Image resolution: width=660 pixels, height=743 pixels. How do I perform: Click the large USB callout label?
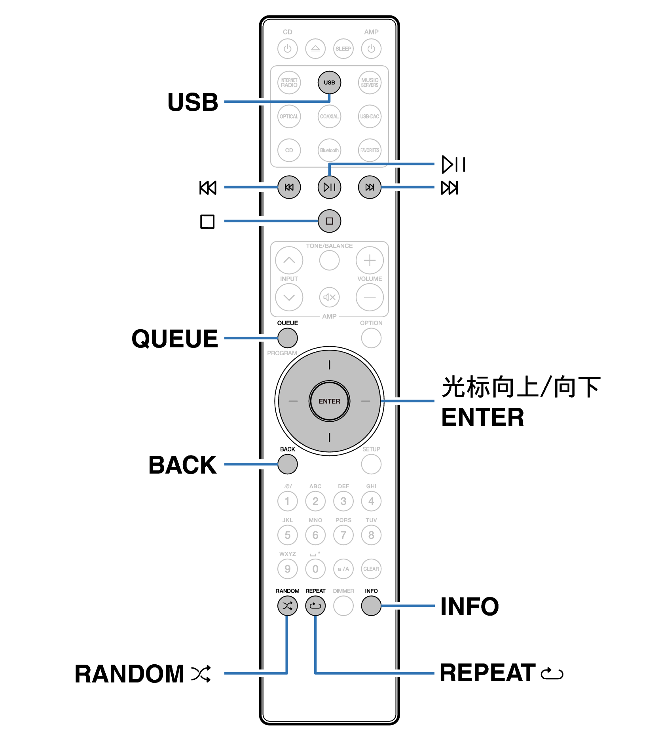pos(193,102)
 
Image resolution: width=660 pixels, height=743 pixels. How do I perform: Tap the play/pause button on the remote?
pos(329,187)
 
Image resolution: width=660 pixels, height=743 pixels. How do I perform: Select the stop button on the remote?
pos(329,221)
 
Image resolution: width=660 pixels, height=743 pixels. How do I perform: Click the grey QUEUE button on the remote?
pos(287,338)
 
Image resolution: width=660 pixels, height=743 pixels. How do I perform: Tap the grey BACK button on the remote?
pos(287,464)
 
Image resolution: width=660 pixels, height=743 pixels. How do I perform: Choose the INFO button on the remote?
pos(371,605)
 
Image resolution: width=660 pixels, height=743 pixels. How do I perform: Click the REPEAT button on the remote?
pos(315,605)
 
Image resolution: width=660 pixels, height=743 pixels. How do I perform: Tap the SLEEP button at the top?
pos(343,49)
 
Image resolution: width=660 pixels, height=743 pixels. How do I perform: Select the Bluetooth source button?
pos(329,150)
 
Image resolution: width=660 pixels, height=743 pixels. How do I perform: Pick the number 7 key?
pos(343,535)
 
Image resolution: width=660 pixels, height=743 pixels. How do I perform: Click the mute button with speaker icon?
pos(329,297)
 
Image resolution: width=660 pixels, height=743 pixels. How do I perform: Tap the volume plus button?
pos(370,260)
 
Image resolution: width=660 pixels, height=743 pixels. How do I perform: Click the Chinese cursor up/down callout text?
pos(521,387)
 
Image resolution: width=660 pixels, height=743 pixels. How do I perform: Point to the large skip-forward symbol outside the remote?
pos(449,188)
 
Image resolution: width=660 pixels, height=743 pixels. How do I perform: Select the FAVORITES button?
pos(370,150)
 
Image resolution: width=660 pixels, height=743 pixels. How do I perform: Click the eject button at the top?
pos(315,49)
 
